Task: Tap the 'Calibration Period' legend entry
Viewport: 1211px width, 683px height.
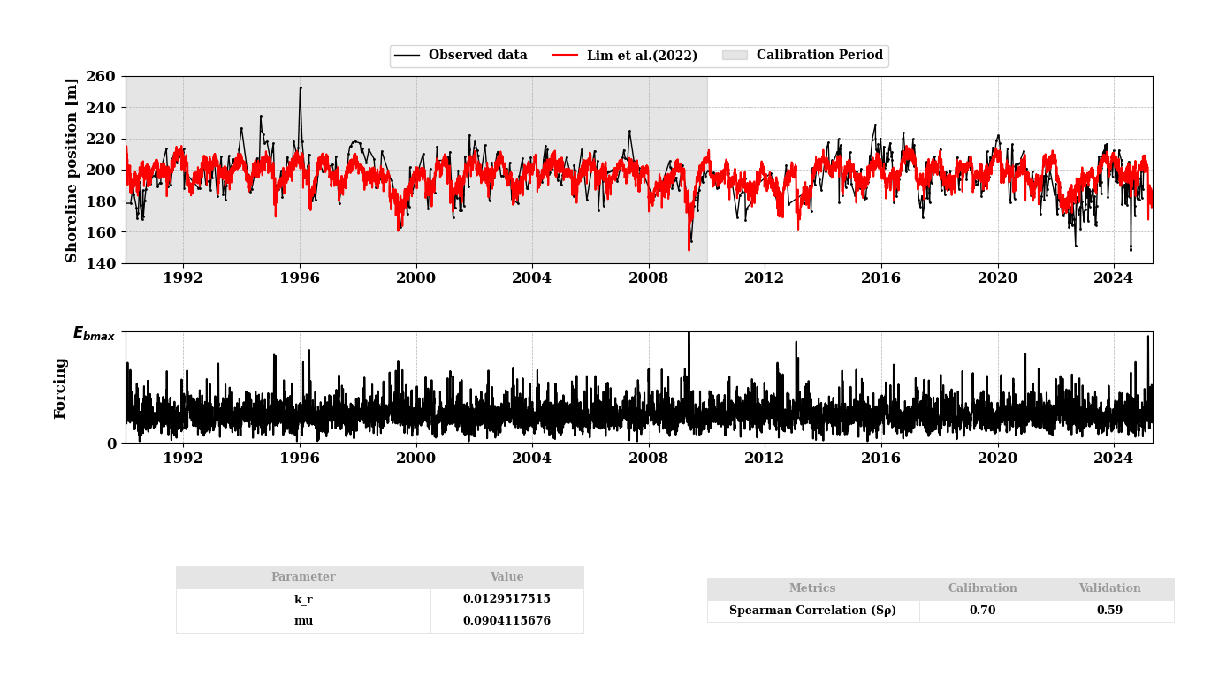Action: click(x=819, y=56)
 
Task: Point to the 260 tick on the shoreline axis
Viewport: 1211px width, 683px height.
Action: click(x=102, y=77)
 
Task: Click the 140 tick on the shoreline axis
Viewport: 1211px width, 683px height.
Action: click(x=102, y=263)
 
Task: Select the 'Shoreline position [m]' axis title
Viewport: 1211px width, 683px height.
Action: click(x=72, y=170)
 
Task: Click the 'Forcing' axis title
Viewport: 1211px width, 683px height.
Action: click(x=61, y=388)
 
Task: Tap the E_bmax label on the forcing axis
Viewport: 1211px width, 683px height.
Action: click(x=94, y=334)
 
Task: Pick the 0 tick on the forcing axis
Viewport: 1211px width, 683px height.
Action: click(x=112, y=444)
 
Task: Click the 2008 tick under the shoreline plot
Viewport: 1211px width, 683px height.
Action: click(x=648, y=277)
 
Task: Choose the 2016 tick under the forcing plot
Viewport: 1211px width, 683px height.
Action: click(x=880, y=458)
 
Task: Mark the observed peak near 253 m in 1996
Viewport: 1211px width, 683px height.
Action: click(x=301, y=87)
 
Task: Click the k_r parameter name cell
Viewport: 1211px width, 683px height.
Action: click(x=303, y=599)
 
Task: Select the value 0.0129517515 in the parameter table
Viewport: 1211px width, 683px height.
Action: click(x=506, y=599)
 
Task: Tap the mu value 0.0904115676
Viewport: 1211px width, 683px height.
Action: click(x=506, y=621)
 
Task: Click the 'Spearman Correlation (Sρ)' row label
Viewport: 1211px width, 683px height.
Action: click(x=812, y=611)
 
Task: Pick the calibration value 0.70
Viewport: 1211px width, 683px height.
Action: click(x=982, y=611)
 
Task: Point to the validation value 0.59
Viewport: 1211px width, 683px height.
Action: click(x=1109, y=611)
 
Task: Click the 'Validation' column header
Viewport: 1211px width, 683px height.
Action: click(x=1109, y=588)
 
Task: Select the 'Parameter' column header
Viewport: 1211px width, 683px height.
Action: click(x=303, y=577)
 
